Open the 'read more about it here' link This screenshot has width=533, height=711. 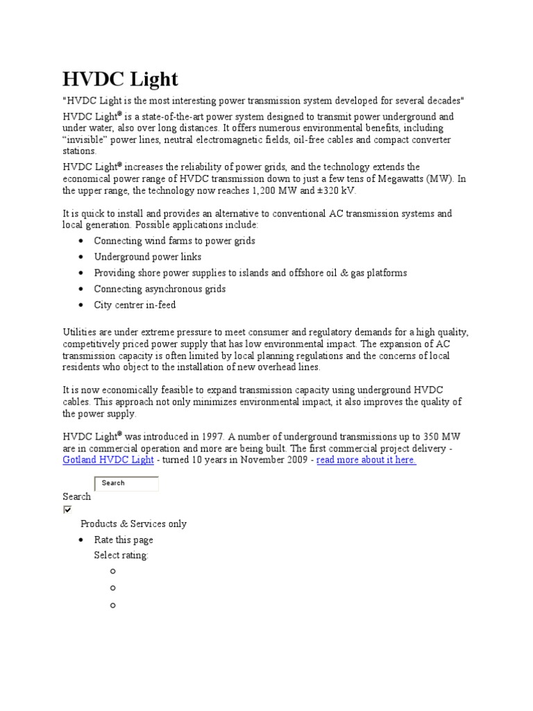(x=366, y=460)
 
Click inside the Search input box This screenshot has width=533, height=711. (x=126, y=483)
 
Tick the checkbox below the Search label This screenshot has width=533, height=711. (x=67, y=509)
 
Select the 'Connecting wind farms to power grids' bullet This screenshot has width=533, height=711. (x=174, y=241)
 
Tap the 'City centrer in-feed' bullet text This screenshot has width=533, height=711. (x=135, y=305)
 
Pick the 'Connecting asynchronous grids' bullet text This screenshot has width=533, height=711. (x=160, y=289)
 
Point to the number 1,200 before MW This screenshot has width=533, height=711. (x=262, y=191)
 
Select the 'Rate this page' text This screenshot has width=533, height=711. (x=124, y=540)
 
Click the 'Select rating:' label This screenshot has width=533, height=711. (x=121, y=555)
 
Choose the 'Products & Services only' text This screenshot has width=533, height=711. (x=133, y=524)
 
